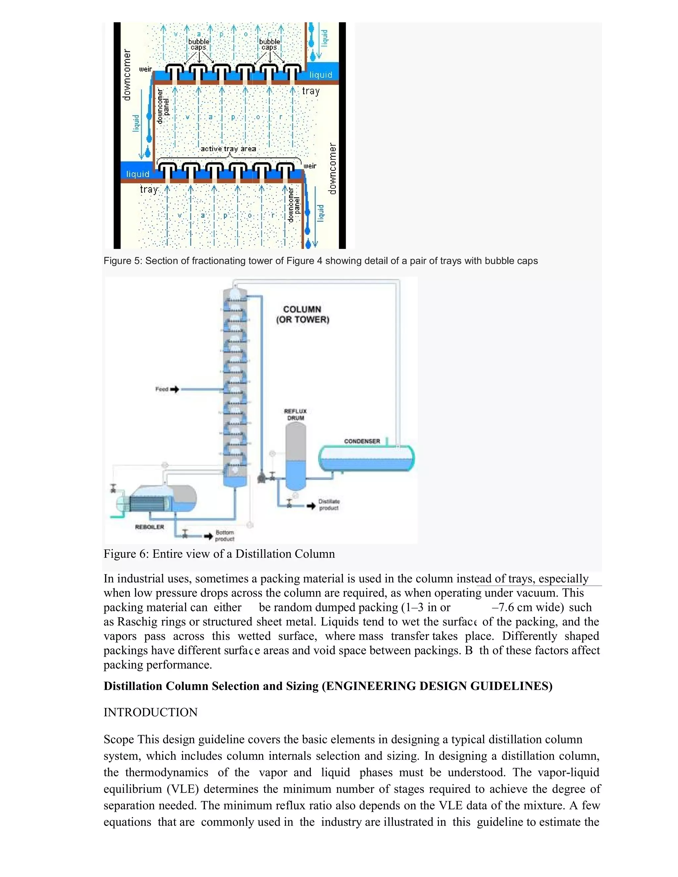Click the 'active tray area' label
click(x=228, y=149)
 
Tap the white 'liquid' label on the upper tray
click(x=320, y=75)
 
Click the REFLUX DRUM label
click(x=295, y=414)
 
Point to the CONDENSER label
click(x=362, y=441)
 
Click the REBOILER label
click(x=149, y=527)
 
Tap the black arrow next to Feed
click(x=174, y=389)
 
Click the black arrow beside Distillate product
click(x=311, y=506)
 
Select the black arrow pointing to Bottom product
click(x=208, y=536)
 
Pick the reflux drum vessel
click(x=296, y=456)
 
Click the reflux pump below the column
click(x=262, y=478)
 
